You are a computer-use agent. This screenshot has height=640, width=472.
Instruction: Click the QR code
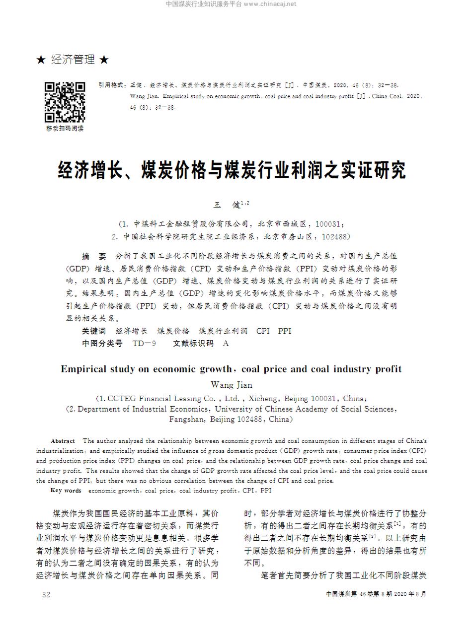coord(65,102)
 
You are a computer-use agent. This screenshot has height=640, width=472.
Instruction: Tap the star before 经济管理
coord(41,60)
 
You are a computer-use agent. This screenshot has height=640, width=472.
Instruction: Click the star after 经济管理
coord(104,60)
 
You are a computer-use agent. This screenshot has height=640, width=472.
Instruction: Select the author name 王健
coord(228,205)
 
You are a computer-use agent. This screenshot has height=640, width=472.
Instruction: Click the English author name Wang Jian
coord(232,385)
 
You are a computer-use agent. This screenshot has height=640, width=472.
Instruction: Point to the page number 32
coord(46,594)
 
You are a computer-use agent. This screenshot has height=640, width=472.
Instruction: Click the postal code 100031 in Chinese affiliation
coord(328,224)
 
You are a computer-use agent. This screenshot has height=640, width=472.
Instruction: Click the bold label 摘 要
coord(94,256)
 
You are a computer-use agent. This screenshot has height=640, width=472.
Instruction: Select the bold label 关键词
coord(94,331)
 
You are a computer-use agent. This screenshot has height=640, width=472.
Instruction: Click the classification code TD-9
coord(145,344)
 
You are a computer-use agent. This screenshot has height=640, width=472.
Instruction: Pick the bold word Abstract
coord(63,441)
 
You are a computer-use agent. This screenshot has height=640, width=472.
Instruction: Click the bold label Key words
coord(66,491)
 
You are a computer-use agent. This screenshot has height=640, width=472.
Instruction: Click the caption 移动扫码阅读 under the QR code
coord(65,129)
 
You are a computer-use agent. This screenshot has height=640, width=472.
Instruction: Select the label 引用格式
coord(111,85)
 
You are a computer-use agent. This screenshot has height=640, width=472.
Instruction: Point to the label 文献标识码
coord(193,344)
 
